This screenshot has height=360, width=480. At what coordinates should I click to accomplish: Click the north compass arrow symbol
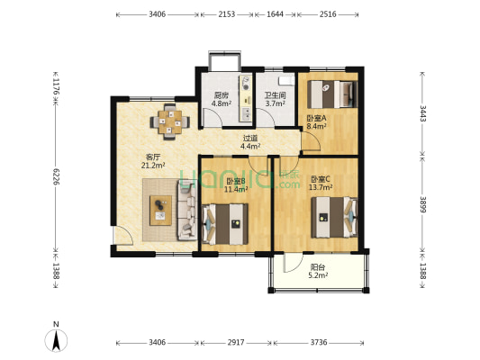pos(56,340)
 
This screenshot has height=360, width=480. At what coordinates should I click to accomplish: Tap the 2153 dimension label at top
pos(227,14)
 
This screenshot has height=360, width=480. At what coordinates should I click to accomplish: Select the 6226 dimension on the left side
pos(56,176)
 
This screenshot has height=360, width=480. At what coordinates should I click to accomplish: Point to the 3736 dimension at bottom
pos(319,342)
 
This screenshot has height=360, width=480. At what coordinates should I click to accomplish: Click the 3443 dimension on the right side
pos(422,113)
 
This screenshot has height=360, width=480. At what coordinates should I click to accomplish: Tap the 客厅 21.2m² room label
pos(153,161)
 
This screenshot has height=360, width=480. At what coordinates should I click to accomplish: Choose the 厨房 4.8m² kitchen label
pos(221,99)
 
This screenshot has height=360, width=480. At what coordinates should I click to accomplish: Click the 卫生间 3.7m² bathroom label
pos(276,99)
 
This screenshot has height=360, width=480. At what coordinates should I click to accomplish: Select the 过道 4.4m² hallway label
pos(250,142)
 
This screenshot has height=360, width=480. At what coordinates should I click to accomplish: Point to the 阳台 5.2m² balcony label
pos(318,271)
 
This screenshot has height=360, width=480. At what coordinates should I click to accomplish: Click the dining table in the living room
pos(170,121)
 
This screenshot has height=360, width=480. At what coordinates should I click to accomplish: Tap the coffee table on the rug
pos(160,211)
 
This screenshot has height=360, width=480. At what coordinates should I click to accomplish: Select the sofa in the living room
pos(186,210)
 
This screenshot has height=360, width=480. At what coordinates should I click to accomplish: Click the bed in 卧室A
pos(332,94)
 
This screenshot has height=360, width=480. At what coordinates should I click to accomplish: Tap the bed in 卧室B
pos(225,224)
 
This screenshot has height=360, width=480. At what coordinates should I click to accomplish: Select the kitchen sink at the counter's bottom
pos(246,113)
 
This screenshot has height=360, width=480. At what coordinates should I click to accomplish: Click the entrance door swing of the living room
pos(123,236)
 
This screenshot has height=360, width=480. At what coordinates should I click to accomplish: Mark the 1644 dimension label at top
pos(275,14)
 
